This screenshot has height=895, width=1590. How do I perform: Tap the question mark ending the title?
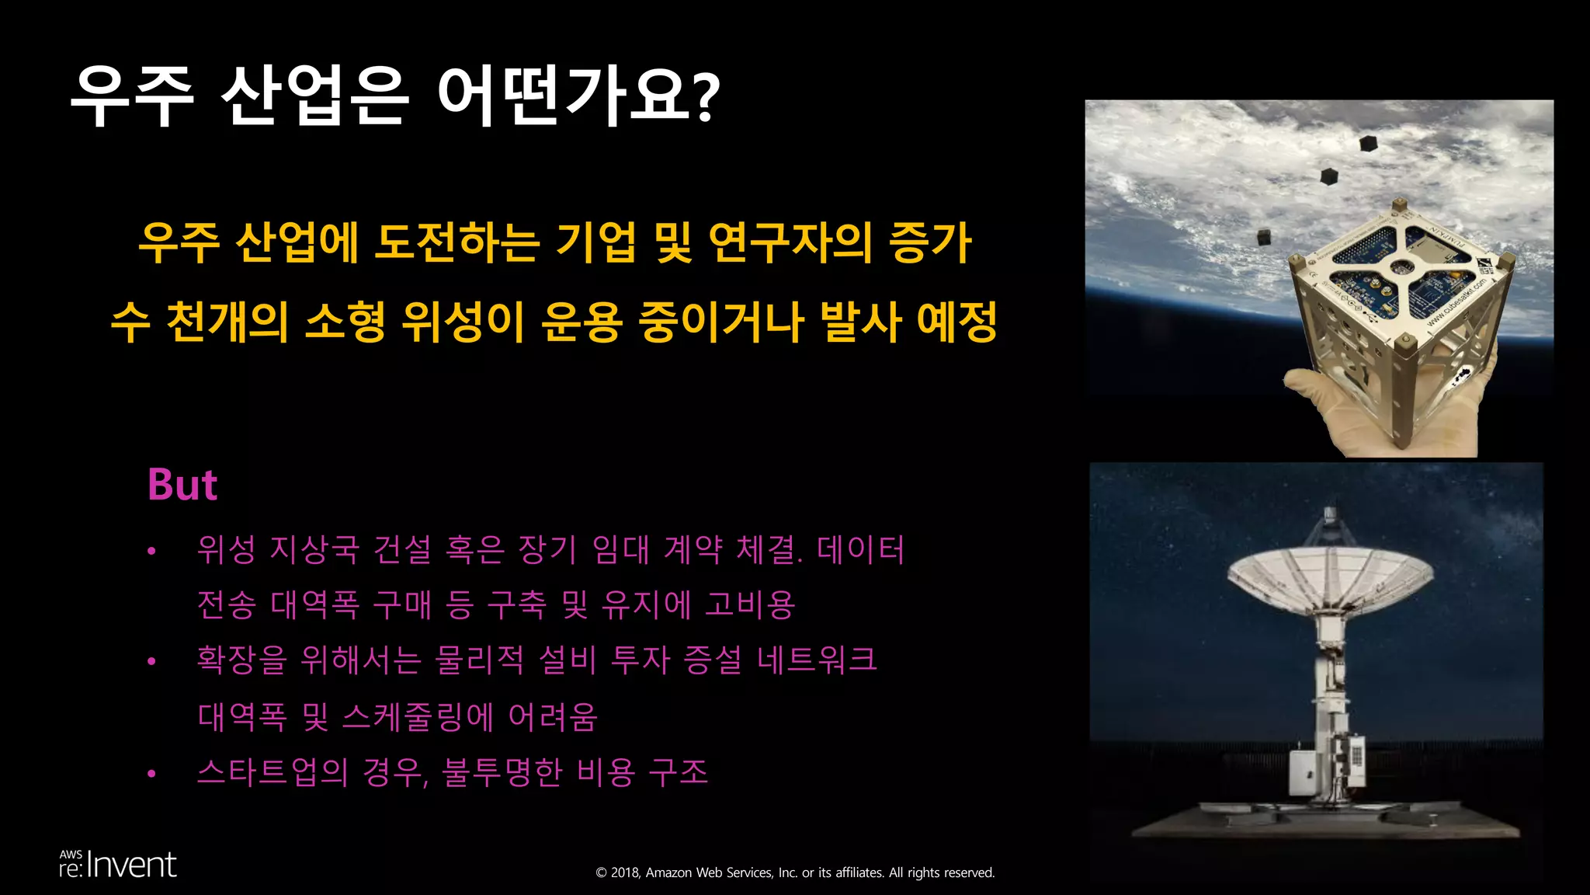pos(706,97)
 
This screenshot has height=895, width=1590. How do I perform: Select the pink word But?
pos(182,485)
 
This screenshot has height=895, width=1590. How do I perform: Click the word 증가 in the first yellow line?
pos(930,242)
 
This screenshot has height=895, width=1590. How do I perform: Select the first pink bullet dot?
pos(152,552)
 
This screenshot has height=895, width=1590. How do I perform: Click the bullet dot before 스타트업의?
pos(152,773)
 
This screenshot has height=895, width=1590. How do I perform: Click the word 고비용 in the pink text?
pos(750,605)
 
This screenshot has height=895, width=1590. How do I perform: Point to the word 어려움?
pos(553,716)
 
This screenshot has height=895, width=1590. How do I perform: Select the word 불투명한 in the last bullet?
pos(502,772)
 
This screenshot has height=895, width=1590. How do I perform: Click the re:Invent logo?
pos(118,865)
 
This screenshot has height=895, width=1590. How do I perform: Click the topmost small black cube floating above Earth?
pos(1368,144)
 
